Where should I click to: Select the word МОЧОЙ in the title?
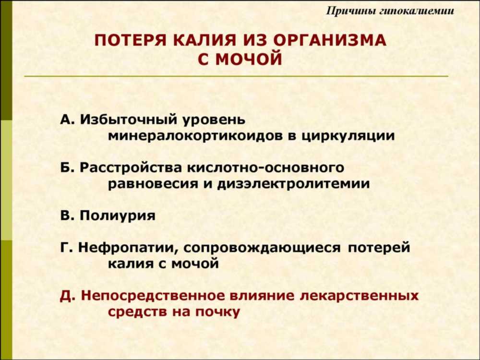[249, 59]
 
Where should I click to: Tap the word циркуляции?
[348, 136]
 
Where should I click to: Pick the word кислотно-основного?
[265, 168]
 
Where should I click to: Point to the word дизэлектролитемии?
[294, 184]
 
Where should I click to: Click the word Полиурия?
[118, 216]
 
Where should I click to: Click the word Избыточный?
[129, 120]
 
